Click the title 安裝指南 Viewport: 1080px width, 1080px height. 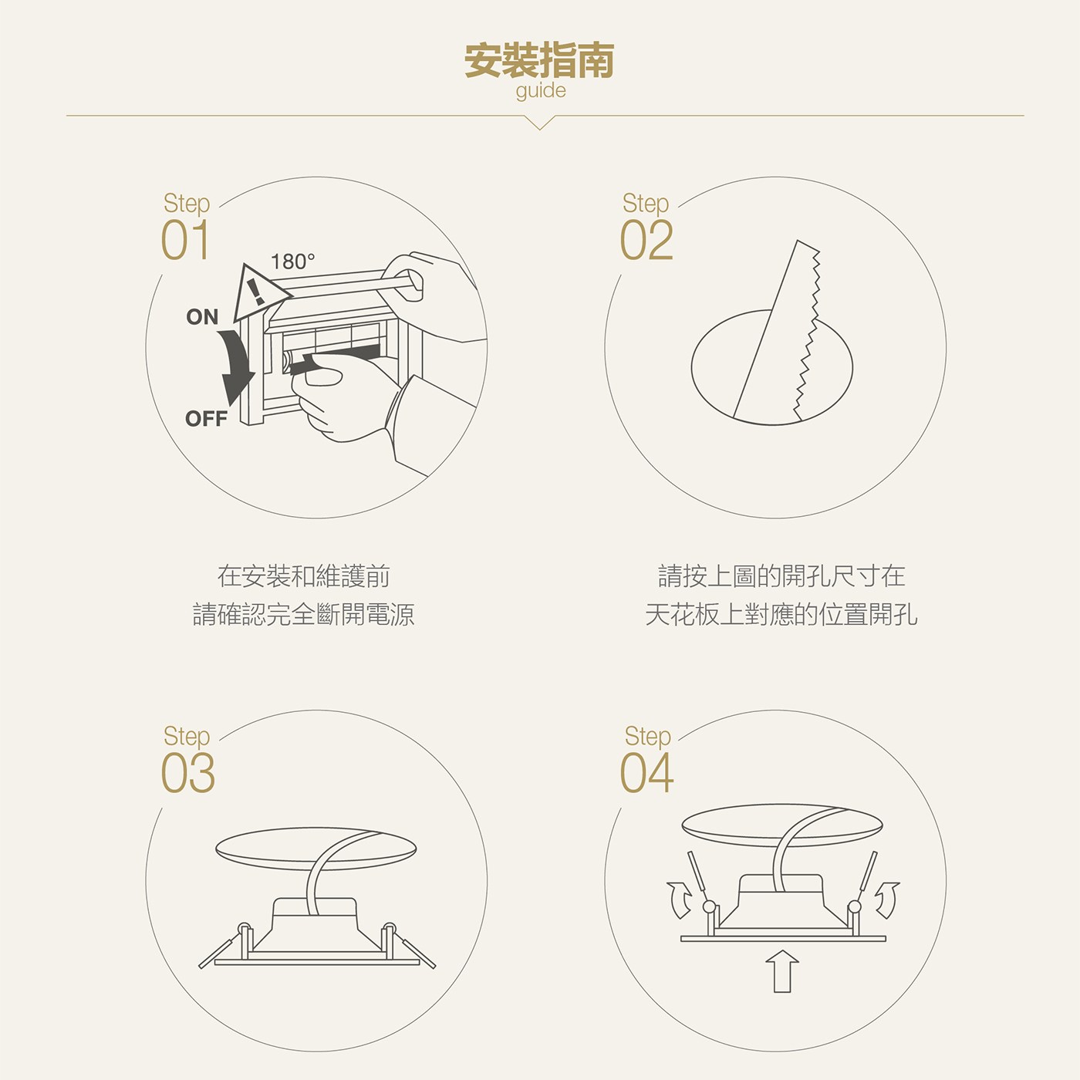point(539,60)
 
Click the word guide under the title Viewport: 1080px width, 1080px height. point(541,91)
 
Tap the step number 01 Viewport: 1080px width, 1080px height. point(185,240)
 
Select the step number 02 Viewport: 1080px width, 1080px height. point(646,240)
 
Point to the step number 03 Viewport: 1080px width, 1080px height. point(187,773)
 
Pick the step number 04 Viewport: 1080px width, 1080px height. point(646,773)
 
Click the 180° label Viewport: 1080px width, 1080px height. point(292,262)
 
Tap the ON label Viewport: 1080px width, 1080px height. point(202,317)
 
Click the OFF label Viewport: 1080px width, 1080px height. point(206,419)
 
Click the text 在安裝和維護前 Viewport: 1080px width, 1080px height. point(304,576)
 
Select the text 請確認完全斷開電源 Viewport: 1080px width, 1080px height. point(304,614)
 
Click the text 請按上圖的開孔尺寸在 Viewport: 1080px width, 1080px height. point(781,576)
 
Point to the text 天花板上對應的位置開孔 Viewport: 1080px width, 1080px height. point(781,614)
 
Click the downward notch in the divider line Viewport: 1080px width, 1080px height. point(540,123)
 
